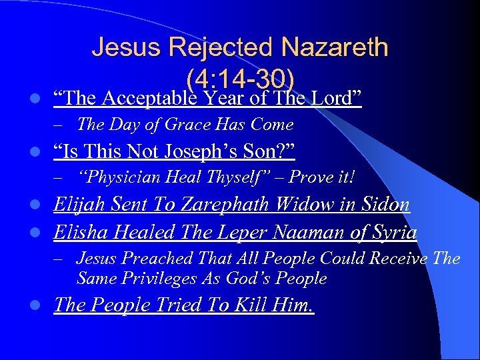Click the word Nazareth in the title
(334, 47)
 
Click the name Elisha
(77, 233)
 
